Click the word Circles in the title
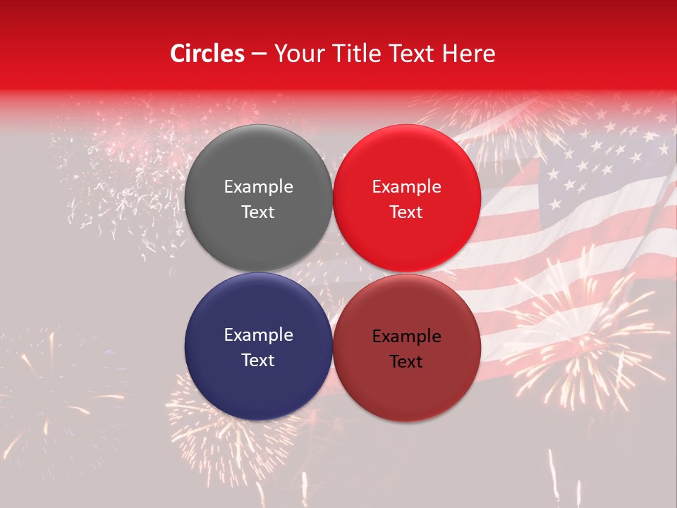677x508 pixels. [x=207, y=54]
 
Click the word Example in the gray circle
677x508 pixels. [x=258, y=187]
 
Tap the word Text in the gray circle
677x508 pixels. [x=258, y=212]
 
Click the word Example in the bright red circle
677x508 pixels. [x=406, y=187]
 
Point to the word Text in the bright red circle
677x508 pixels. [x=406, y=212]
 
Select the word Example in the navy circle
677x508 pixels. [x=258, y=335]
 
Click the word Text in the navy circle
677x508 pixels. [x=258, y=361]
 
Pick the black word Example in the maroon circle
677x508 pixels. [x=406, y=337]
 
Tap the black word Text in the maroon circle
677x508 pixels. [x=406, y=362]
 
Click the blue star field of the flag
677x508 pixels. [x=599, y=162]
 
